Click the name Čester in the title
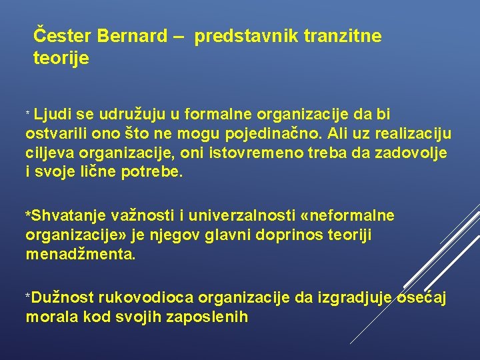pyautogui.click(x=59, y=35)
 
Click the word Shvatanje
pyautogui.click(x=61, y=216)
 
